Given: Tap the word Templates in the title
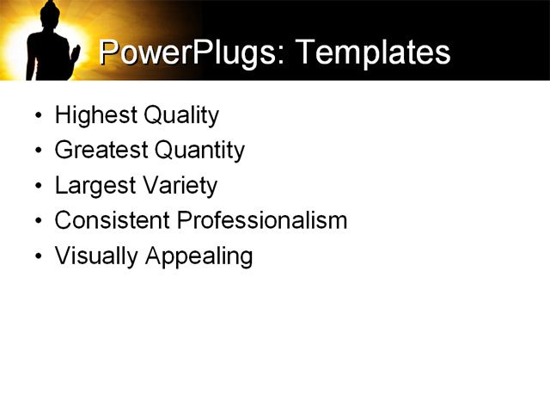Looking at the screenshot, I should [372, 52].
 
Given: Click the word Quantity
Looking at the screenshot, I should [199, 151].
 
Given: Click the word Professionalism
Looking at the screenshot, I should [262, 220].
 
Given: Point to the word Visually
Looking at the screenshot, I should [91, 256].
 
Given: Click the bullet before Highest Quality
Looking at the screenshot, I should [38, 116].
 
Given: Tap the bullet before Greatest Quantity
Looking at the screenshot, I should [38, 151].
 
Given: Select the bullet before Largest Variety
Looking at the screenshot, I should [38, 187].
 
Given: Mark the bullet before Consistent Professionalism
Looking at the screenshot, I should [38, 221].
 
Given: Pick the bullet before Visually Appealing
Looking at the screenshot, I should [38, 256].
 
